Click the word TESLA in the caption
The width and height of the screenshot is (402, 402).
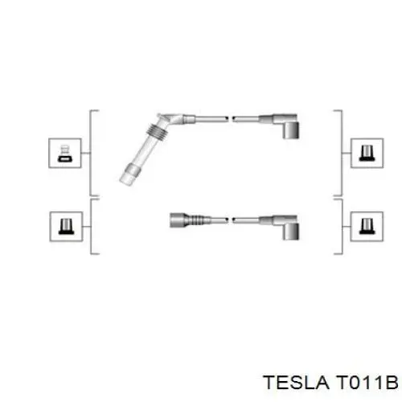pos(296,383)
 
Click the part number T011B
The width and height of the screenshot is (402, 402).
pos(367,383)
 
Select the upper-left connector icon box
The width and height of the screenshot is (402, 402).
pos(65,154)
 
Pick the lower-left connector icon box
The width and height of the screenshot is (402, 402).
pos(66,227)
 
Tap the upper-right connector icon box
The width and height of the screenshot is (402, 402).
pos(367,154)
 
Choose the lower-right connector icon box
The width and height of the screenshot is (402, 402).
pos(367,227)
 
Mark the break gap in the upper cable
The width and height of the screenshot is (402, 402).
pos(230,119)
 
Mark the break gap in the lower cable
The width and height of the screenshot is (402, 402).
pos(230,220)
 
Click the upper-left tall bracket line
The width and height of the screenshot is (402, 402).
pos(90,153)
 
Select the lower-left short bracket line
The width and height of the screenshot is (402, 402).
pos(92,227)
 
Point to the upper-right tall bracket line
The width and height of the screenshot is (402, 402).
pos(342,153)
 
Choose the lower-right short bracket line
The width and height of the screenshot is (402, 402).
pos(342,227)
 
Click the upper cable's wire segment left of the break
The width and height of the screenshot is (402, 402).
pos(211,119)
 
